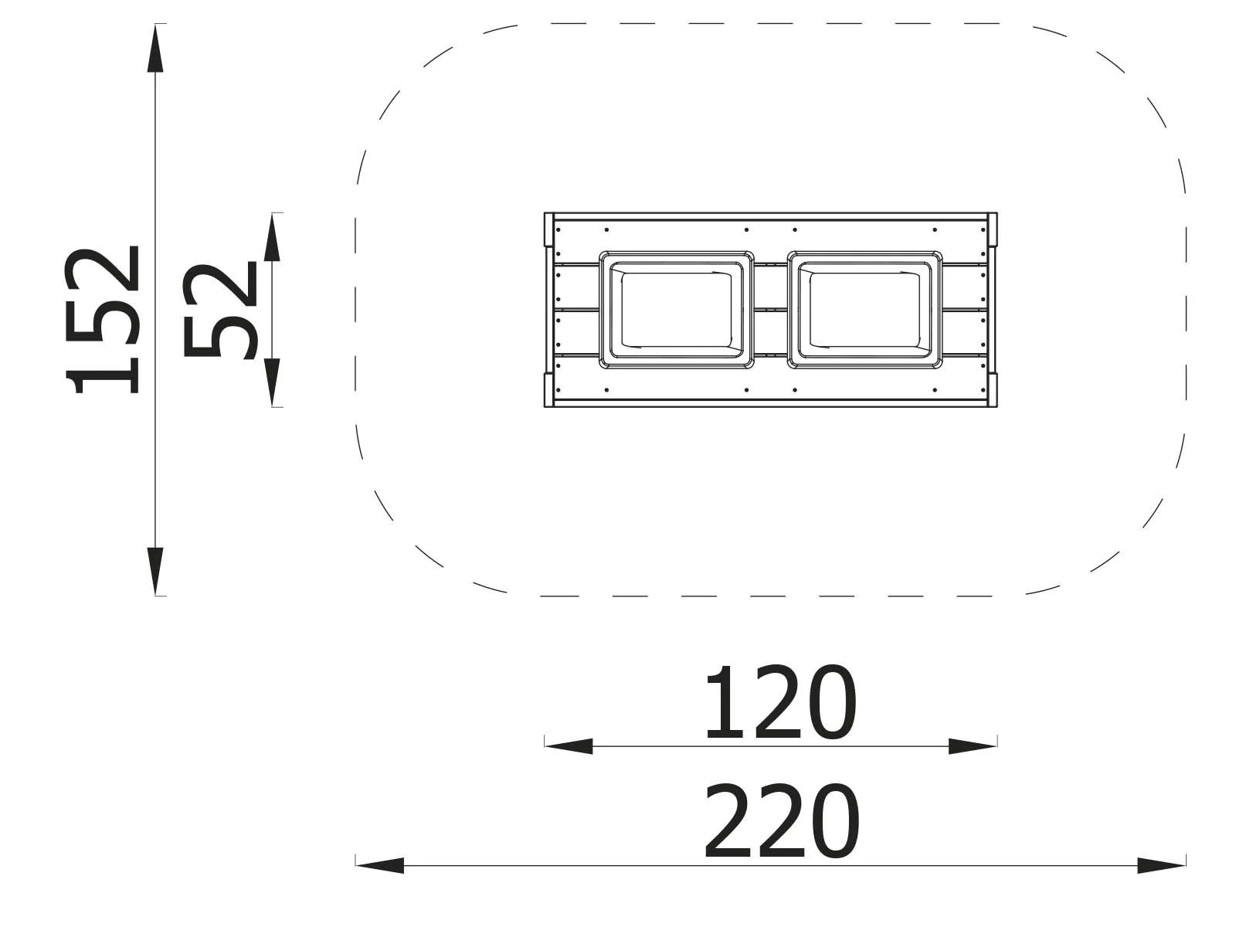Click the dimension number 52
[220, 311]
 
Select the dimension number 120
[779, 702]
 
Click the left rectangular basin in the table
[676, 309]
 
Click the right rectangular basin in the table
[864, 309]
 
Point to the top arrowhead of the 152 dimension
[156, 50]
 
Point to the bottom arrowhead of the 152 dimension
[156, 570]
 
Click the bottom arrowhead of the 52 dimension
[272, 382]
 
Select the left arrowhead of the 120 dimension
[569, 746]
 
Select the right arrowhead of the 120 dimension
[972, 746]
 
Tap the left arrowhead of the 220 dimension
[380, 865]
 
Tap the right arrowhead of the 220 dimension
[1161, 865]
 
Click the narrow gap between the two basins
[770, 309]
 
